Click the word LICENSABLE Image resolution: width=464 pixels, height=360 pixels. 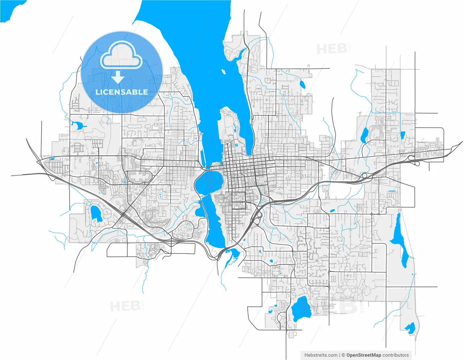click(x=121, y=92)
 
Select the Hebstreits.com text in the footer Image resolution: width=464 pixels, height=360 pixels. click(x=321, y=355)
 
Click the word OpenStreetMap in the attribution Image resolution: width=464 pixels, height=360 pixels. click(x=364, y=355)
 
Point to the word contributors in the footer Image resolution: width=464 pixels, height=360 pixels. click(x=395, y=355)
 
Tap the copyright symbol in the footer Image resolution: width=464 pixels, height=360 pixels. click(x=343, y=355)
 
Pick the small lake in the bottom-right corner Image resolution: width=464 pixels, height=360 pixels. click(x=410, y=328)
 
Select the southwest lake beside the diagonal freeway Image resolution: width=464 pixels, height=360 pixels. click(x=96, y=214)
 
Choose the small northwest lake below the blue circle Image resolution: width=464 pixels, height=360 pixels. click(x=77, y=126)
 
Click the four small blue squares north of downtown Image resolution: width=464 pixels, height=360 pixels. click(x=236, y=145)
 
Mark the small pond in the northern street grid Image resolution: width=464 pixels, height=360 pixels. click(x=302, y=84)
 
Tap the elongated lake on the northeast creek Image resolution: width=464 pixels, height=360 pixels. click(x=364, y=135)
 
